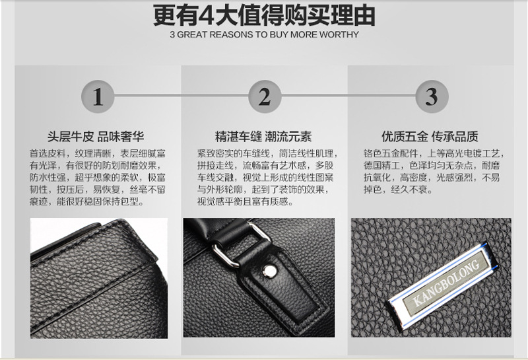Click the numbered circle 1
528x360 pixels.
tap(98, 96)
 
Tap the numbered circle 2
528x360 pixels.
tap(265, 96)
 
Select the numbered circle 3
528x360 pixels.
tap(432, 96)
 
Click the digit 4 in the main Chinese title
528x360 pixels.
tap(206, 15)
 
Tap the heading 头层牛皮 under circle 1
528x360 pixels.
tap(71, 137)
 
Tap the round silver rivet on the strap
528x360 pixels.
tap(269, 271)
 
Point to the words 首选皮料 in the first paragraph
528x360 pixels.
tap(48, 154)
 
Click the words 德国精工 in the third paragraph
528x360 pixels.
tap(382, 166)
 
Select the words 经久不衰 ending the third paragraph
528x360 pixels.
tap(409, 190)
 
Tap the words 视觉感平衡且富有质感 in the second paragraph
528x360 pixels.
tap(242, 201)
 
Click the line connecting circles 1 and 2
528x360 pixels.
tap(181, 96)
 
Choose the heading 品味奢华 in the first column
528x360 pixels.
tap(121, 137)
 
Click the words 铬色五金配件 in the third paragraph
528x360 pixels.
tap(391, 154)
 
